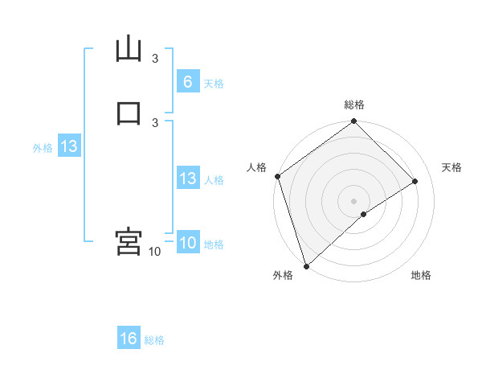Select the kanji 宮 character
coord(129,241)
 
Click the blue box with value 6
coord(187,82)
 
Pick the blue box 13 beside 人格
coord(187,179)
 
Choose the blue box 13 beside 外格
coord(68,147)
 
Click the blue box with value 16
coord(129,339)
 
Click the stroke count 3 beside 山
coord(155,59)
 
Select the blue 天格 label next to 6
coord(214,84)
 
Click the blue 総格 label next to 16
coord(154,340)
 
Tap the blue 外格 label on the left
coord(42,148)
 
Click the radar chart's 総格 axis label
coord(354,105)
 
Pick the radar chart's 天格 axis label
coord(452,167)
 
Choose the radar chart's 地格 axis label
coord(421,276)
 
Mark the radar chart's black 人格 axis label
coord(256,167)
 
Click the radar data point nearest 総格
coord(354,121)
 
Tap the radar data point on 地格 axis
coord(364,214)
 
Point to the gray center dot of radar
coord(354,200)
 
